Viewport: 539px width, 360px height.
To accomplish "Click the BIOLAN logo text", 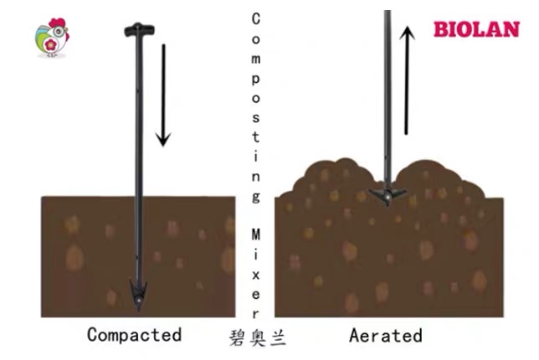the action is point(476,28).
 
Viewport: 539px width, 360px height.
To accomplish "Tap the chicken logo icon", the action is point(52,39).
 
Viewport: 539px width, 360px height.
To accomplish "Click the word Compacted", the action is point(134,335).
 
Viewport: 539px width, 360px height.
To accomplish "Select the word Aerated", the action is point(386,336).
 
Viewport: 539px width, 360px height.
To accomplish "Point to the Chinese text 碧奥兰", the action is point(257,338).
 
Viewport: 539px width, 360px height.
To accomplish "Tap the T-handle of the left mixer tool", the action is point(136,31).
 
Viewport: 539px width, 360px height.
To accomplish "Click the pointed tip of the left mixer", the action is point(137,299).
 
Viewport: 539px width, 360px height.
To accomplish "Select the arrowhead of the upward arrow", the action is point(407,33).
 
